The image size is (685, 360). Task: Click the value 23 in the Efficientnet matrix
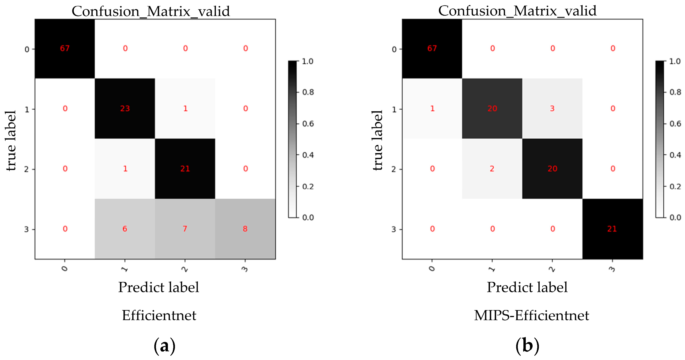(125, 109)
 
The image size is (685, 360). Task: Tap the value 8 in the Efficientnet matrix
(245, 229)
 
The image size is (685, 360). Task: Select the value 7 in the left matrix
(185, 229)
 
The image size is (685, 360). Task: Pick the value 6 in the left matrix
(125, 229)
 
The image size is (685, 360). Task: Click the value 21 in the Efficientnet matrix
(185, 169)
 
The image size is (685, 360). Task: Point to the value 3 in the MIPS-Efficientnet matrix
(552, 109)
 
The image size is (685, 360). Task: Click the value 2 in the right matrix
(492, 169)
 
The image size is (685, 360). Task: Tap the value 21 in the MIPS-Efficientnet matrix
(612, 229)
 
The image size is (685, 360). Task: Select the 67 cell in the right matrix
(432, 48)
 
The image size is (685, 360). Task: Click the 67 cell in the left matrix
(65, 48)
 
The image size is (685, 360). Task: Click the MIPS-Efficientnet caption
(531, 316)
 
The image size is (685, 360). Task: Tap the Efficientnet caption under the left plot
(159, 316)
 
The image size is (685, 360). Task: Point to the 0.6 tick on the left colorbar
(308, 124)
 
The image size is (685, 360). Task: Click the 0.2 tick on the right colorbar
(675, 186)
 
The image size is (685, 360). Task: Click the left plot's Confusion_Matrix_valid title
(151, 11)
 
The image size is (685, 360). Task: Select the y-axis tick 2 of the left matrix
(26, 169)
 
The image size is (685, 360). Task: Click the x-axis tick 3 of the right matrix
(612, 269)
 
